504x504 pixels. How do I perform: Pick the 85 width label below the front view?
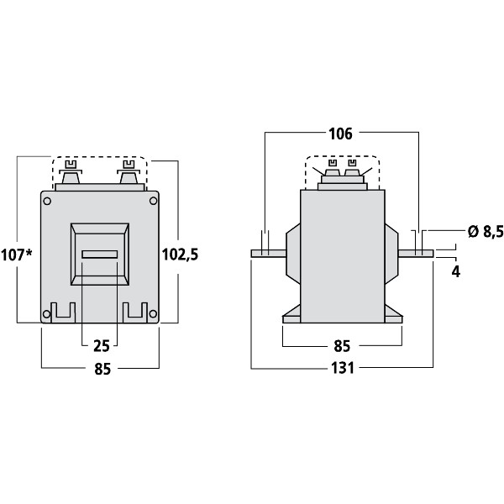[100, 368]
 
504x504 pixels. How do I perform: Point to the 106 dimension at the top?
[341, 133]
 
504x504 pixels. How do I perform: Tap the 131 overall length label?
[342, 368]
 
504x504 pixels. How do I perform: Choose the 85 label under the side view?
[342, 345]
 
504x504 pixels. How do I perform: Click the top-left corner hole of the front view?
[47, 201]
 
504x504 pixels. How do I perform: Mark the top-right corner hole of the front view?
[153, 201]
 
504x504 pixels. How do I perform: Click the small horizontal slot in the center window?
[99, 254]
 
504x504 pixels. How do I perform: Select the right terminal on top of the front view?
[129, 178]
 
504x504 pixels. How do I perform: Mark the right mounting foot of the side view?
[392, 316]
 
